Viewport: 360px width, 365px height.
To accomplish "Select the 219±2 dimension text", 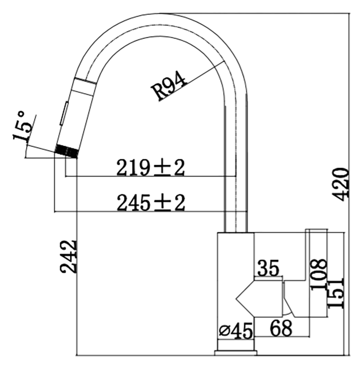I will click(x=150, y=168).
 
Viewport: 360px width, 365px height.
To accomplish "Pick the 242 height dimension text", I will click(x=68, y=256).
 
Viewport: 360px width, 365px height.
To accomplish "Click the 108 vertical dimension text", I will click(x=319, y=275).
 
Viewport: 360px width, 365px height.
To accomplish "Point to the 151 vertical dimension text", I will click(x=336, y=293).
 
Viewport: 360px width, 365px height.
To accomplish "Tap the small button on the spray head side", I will click(x=64, y=113).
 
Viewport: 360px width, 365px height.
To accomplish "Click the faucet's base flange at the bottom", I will click(x=236, y=353).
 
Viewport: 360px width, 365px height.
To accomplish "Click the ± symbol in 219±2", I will click(x=160, y=168).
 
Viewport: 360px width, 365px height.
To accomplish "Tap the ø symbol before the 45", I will click(x=225, y=331).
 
